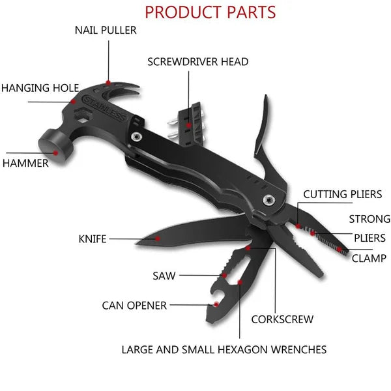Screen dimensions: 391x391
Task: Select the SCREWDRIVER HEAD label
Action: pos(197,62)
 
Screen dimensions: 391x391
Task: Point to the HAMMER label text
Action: pos(25,163)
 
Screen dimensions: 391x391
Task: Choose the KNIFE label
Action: pos(92,239)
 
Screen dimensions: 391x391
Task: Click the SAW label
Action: pos(164,276)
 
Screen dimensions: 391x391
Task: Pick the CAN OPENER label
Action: pos(134,305)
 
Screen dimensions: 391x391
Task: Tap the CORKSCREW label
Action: pos(282,319)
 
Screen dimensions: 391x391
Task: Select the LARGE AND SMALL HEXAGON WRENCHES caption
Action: pos(224,349)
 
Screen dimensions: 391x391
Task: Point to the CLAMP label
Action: pos(369,257)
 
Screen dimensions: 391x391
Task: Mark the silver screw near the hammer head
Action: pos(136,137)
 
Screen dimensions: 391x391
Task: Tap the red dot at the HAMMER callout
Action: pos(57,153)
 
